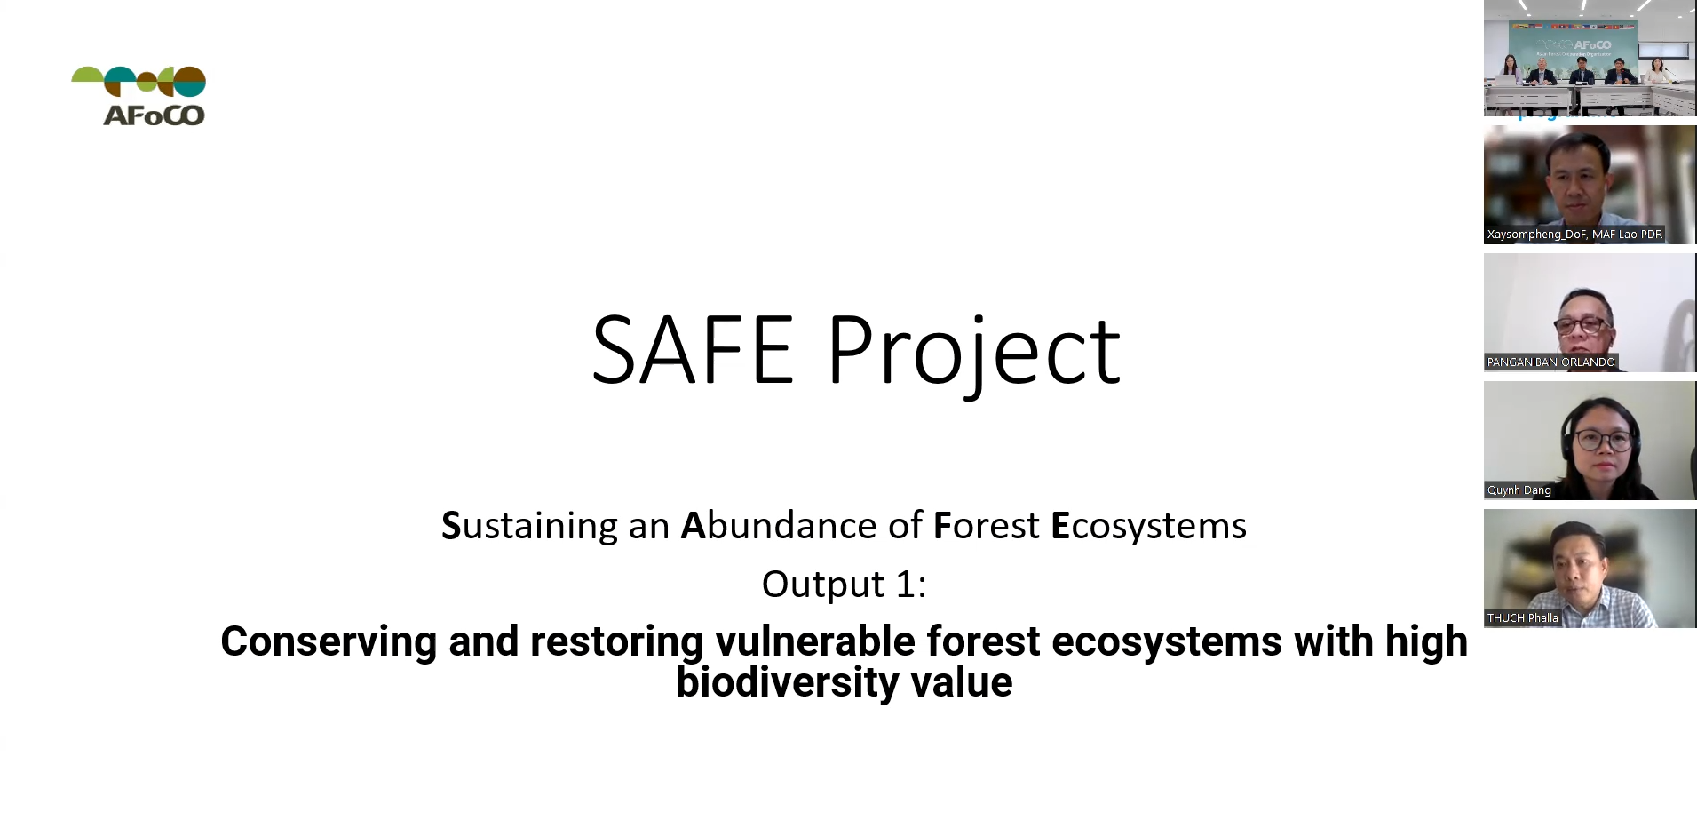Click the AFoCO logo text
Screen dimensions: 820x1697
(x=154, y=115)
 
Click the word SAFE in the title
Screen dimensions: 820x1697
(x=692, y=351)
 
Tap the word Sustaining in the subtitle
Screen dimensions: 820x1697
(x=529, y=526)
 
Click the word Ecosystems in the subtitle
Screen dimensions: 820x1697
(x=1148, y=526)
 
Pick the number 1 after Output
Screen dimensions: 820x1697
(x=906, y=585)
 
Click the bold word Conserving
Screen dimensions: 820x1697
(x=328, y=641)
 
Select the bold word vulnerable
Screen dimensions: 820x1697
(x=814, y=641)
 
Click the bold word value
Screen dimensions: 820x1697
(x=962, y=682)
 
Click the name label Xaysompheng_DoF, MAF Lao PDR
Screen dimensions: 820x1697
(x=1574, y=235)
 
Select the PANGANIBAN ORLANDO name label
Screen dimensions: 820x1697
(x=1550, y=362)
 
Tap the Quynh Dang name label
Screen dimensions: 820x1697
(x=1519, y=490)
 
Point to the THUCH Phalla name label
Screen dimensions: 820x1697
(x=1522, y=618)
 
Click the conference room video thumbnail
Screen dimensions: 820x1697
(x=1590, y=59)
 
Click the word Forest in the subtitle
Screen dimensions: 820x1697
(x=986, y=526)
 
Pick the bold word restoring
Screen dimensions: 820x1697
(x=616, y=641)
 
